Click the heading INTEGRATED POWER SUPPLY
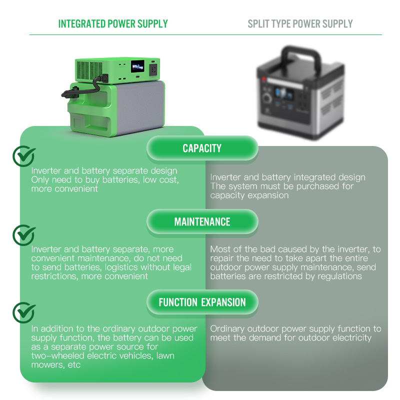113,23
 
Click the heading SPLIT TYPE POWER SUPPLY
300,23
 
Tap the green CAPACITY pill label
202,148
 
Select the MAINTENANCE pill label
202,222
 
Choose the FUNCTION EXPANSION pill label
202,302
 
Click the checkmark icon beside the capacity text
23,156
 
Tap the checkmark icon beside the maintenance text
23,234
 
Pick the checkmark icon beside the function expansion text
23,312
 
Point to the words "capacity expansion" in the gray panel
249,195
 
